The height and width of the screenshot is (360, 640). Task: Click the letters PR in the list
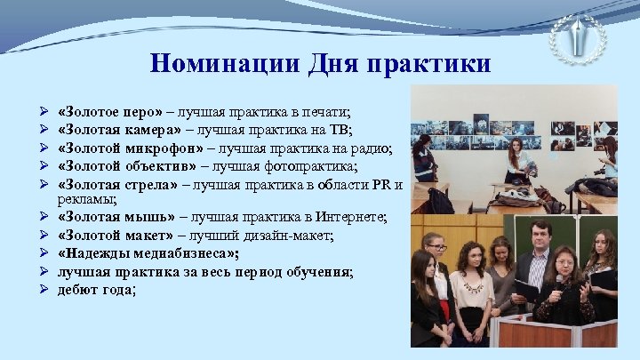coord(377,185)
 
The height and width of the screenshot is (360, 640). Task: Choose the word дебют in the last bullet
coord(76,289)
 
